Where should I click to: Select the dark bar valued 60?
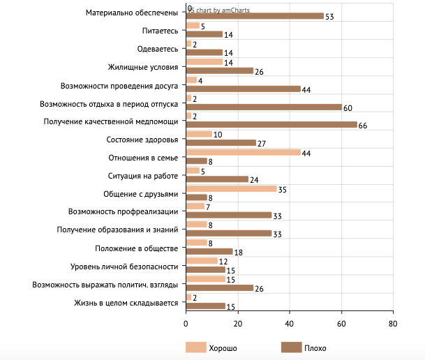coord(264,107)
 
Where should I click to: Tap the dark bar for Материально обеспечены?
coord(255,16)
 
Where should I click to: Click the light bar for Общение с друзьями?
coord(231,188)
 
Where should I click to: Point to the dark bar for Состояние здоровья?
coord(221,143)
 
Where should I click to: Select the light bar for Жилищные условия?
coord(204,61)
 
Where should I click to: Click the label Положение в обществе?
coord(137,248)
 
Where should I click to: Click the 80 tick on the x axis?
coord(393,324)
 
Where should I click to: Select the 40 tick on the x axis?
coord(290,324)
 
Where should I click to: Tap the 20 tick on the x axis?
coord(238,324)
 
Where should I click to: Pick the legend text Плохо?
coord(315,347)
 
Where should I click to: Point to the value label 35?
coord(282,188)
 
